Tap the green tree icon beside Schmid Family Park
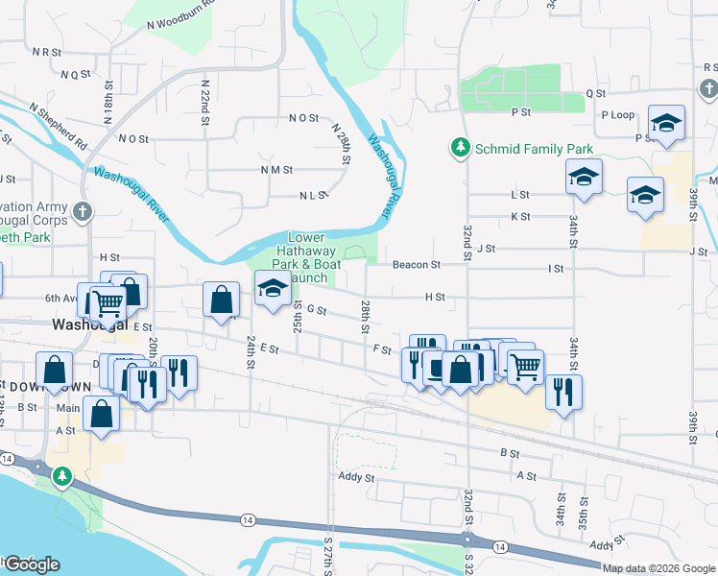(461, 147)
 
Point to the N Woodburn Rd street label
(183, 20)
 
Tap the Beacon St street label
(416, 264)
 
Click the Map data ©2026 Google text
(658, 568)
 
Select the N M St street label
(276, 169)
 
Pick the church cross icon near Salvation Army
(84, 211)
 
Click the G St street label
(317, 311)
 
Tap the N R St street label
(46, 51)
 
